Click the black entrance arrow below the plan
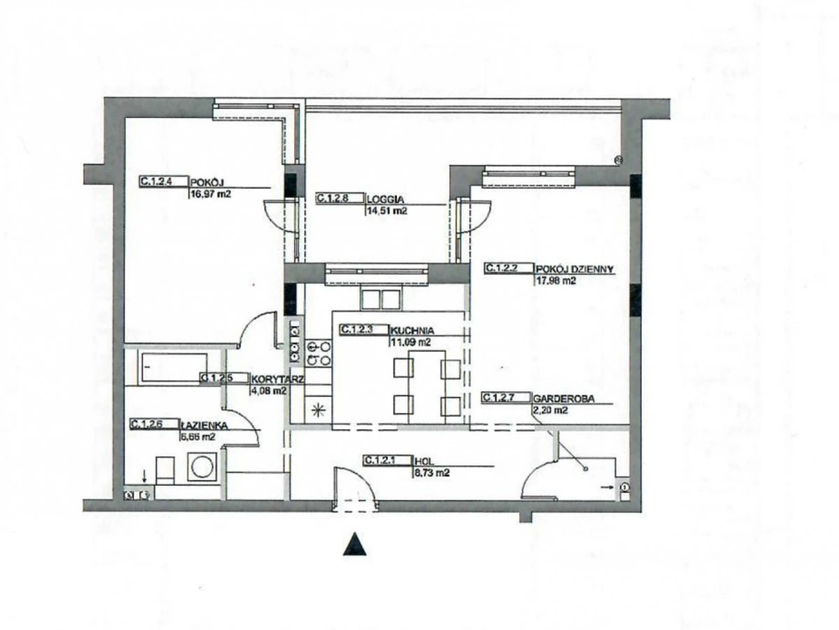point(355,544)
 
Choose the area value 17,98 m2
point(556,281)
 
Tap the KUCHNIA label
point(413,330)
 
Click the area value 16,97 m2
point(210,194)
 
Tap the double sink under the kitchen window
point(380,299)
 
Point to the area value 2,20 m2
point(550,411)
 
